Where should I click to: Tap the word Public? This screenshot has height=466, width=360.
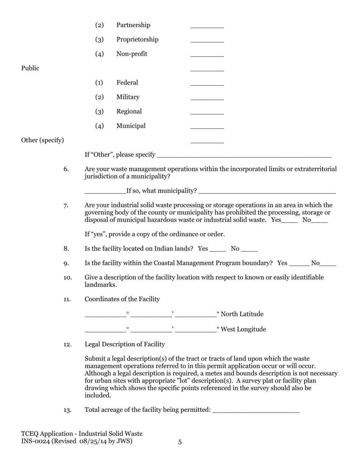point(30,68)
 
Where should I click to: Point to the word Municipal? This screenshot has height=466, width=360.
point(131,126)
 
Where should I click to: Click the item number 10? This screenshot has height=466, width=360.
point(67,278)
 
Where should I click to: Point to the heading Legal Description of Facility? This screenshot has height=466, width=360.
point(125,344)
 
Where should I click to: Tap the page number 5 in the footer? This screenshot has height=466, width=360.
point(180,442)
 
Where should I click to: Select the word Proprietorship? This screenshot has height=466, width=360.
point(137,39)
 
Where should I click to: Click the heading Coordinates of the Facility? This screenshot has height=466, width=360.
point(122,299)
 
